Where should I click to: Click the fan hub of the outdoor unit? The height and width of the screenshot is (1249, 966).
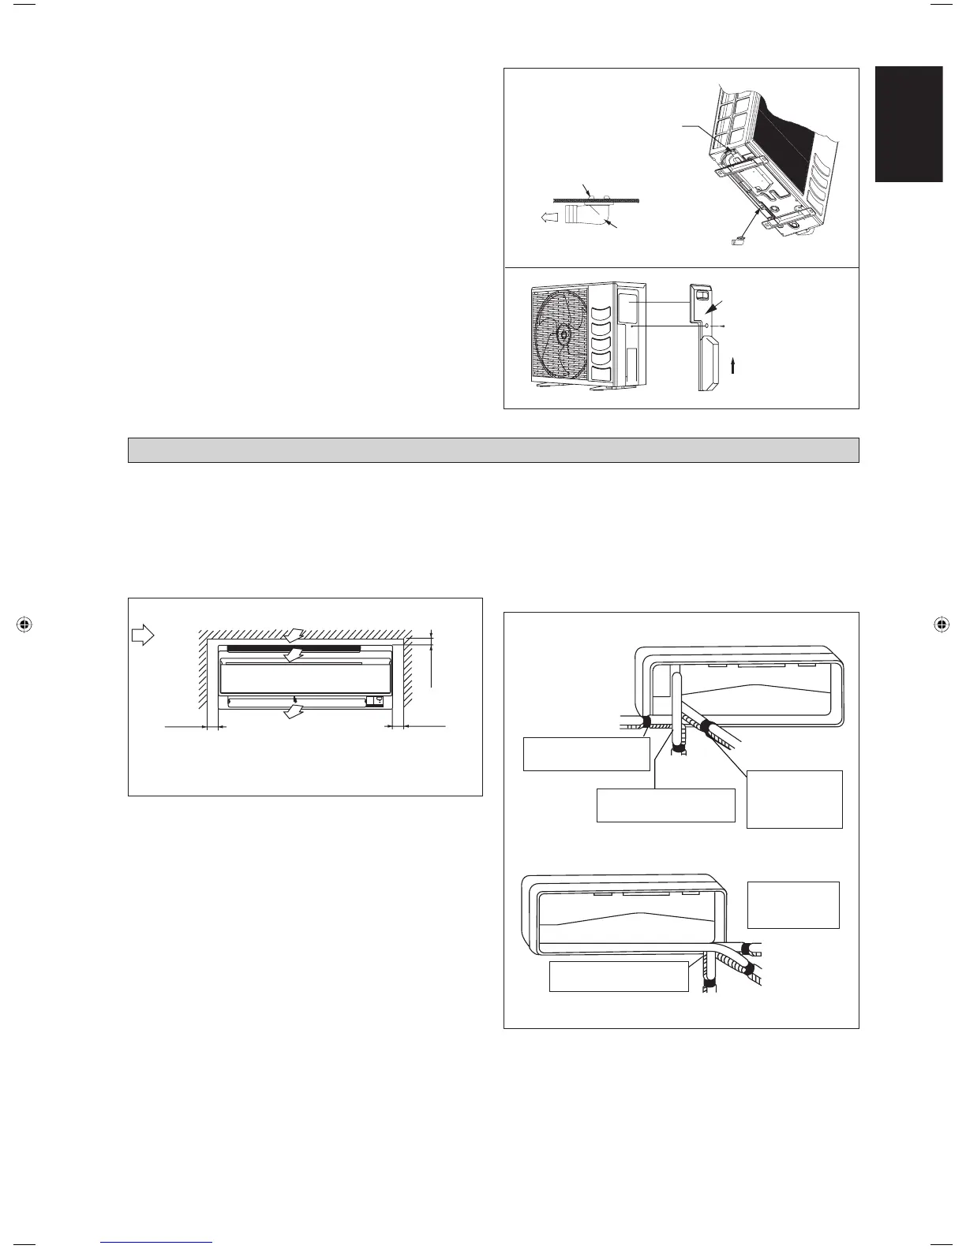click(563, 335)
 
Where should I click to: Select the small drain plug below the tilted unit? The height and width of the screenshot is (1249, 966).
click(739, 240)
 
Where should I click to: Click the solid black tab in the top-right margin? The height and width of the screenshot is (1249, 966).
click(908, 125)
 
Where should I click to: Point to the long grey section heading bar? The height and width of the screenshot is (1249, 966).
click(493, 450)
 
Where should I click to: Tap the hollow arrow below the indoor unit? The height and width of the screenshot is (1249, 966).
click(294, 712)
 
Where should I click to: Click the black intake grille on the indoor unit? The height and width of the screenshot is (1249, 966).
click(293, 648)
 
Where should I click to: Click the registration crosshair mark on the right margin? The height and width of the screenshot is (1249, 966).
click(941, 624)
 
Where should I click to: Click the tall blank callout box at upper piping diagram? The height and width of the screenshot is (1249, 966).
click(794, 799)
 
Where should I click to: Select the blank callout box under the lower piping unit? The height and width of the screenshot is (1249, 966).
click(619, 976)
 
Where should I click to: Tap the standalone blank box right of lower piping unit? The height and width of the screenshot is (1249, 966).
click(793, 904)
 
